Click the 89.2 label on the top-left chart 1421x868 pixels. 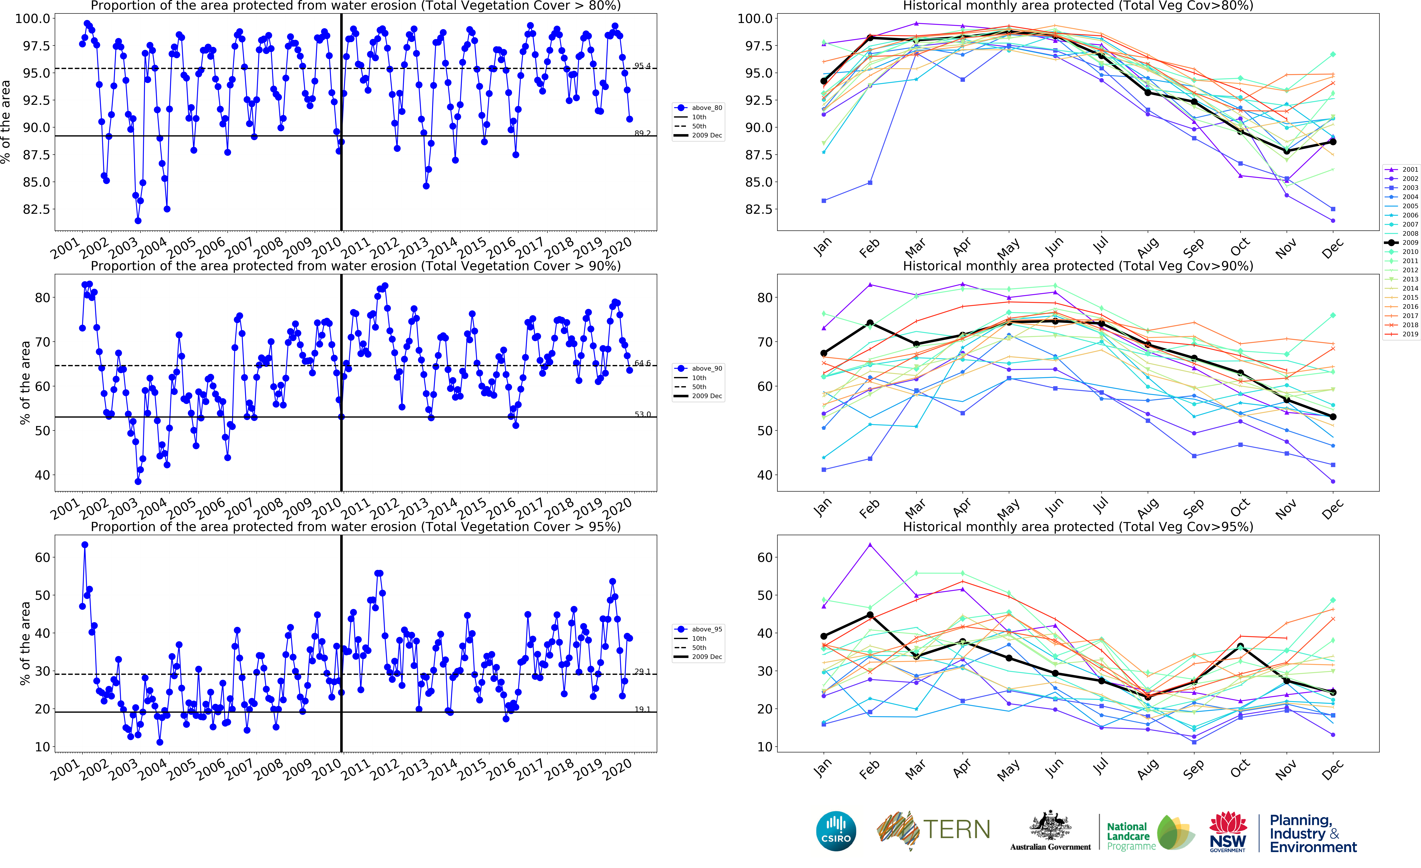[642, 133]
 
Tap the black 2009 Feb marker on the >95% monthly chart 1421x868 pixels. [870, 615]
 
